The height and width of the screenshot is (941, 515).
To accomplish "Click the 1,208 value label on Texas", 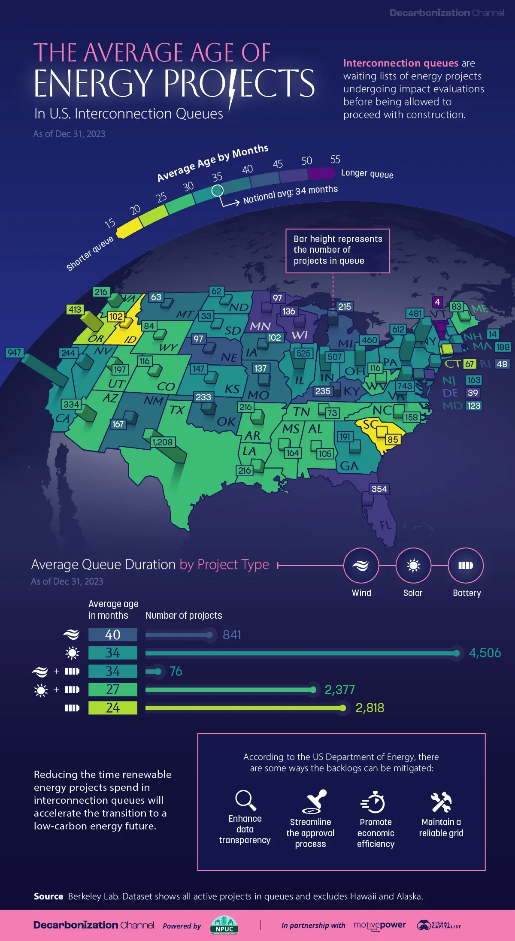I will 162,442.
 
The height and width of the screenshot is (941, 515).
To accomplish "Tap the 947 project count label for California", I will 14,352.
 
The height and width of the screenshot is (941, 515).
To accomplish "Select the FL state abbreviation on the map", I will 385,525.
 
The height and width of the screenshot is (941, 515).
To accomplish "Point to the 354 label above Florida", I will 379,489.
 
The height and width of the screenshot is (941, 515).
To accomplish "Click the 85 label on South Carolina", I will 393,439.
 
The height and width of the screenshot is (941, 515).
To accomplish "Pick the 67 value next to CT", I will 470,364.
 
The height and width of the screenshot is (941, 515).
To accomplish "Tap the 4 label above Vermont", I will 437,302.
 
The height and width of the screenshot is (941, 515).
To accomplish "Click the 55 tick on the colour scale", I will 335,160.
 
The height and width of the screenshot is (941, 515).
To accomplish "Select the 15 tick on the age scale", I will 110,223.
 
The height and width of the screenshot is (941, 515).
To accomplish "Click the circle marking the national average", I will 218,190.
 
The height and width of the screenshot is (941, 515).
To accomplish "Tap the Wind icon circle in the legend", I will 361,566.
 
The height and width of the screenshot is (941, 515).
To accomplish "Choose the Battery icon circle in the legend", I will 466,566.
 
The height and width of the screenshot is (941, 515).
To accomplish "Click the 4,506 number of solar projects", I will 485,653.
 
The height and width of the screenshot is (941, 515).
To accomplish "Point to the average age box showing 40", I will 113,635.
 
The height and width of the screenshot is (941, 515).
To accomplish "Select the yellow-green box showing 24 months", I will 113,708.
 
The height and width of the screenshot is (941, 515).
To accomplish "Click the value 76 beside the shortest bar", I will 176,671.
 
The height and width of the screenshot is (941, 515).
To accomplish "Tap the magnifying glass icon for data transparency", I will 245,800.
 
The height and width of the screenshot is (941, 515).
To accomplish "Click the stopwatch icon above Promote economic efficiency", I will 374,802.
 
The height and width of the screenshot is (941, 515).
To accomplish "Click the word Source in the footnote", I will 48,896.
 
